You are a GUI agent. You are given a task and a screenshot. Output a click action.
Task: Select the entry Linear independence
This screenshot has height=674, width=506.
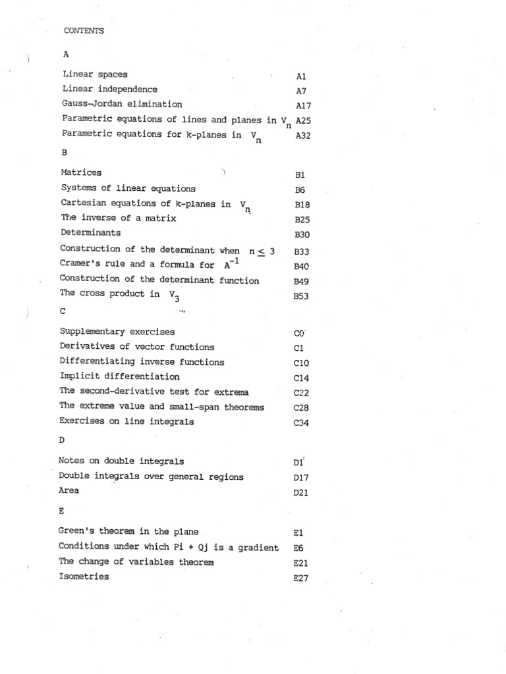[x=110, y=89]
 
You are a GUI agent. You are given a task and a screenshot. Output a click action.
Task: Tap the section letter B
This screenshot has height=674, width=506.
[x=65, y=152]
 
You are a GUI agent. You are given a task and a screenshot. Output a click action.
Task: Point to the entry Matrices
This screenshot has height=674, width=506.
[x=81, y=172]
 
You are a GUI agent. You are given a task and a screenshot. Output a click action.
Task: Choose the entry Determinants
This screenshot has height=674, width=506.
[x=90, y=232]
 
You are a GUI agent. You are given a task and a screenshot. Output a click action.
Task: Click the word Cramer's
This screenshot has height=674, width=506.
[x=81, y=265]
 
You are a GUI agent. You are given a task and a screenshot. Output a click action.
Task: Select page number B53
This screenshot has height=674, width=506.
[x=301, y=297]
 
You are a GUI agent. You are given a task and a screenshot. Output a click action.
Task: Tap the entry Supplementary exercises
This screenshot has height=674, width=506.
[x=117, y=331]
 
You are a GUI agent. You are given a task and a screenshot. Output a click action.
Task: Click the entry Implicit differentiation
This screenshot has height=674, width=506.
[x=119, y=376]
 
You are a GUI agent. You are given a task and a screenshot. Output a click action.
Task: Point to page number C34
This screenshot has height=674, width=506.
[x=301, y=423]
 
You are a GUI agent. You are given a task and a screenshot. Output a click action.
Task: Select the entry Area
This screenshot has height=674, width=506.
[x=69, y=490]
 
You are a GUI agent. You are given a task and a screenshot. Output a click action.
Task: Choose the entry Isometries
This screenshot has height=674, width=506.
[x=84, y=577]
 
